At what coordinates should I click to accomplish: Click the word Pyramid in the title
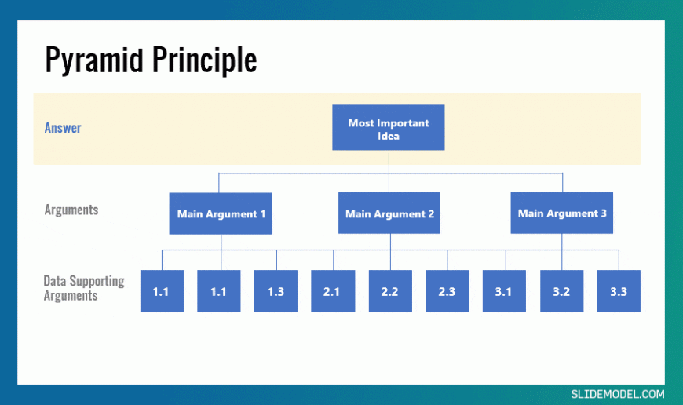94,60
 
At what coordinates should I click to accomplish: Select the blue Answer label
63,128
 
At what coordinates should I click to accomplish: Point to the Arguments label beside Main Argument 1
71,210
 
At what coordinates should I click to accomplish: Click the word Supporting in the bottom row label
97,281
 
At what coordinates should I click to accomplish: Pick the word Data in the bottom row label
55,281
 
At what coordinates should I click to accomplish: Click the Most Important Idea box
389,127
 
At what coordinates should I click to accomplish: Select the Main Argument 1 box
221,213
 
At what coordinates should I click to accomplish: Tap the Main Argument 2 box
389,213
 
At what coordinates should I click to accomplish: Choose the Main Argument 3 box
562,213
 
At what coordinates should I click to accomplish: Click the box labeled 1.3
276,291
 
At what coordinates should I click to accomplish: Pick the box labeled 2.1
333,291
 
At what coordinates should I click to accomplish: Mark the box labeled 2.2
390,291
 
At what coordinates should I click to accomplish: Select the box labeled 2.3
447,291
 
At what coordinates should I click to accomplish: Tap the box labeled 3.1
504,291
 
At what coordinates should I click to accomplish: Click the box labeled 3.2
562,291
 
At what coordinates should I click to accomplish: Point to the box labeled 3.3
619,291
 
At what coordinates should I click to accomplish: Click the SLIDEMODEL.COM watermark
618,394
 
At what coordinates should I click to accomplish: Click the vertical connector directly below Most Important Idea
389,171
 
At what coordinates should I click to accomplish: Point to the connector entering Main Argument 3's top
562,183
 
